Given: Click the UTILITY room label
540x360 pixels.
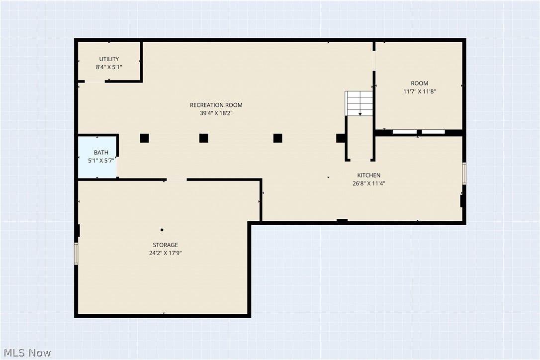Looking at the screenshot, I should pyautogui.click(x=108, y=59).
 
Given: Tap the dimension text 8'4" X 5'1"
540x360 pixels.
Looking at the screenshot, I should pyautogui.click(x=108, y=67).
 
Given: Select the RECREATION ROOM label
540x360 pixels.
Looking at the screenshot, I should pyautogui.click(x=216, y=105).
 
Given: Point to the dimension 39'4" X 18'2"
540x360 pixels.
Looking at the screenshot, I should pyautogui.click(x=216, y=113).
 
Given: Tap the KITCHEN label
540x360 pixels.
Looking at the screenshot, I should pyautogui.click(x=368, y=175).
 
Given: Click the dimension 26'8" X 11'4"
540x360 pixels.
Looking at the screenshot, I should pyautogui.click(x=368, y=183).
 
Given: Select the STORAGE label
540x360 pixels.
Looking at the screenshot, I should pyautogui.click(x=165, y=245).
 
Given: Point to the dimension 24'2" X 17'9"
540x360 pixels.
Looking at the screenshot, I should pyautogui.click(x=165, y=253).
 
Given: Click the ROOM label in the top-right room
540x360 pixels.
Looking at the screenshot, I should pyautogui.click(x=419, y=83).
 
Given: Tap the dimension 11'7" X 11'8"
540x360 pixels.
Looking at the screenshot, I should pyautogui.click(x=419, y=91).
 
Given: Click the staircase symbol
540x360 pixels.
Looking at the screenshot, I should pyautogui.click(x=359, y=103).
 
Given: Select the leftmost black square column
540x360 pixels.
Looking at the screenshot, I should pyautogui.click(x=144, y=138).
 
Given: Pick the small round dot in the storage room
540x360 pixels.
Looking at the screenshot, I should pyautogui.click(x=162, y=230).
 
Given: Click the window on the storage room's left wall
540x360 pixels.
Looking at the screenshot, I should pyautogui.click(x=77, y=254).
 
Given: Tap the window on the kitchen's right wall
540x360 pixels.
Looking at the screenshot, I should pyautogui.click(x=464, y=174).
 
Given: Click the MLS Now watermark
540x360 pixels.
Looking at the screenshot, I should pyautogui.click(x=26, y=353).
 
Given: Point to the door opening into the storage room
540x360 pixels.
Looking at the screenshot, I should pyautogui.click(x=177, y=180).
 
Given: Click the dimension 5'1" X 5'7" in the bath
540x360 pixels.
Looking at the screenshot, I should pyautogui.click(x=98, y=161).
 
